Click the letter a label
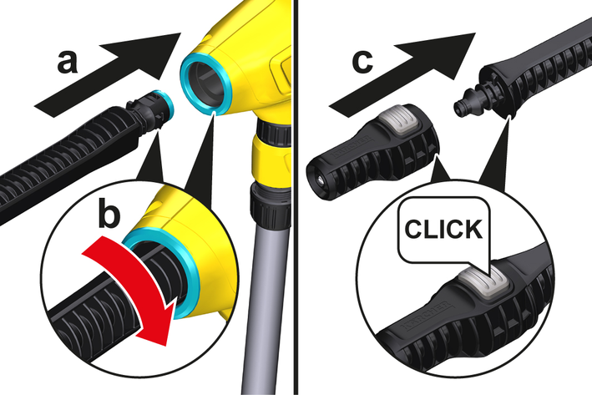point(67,63)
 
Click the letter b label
point(109,215)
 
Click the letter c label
point(362,62)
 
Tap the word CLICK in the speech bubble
point(443,229)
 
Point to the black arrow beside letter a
point(109,74)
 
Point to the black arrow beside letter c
point(402,73)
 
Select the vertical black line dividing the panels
point(296,197)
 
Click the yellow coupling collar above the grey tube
point(269,159)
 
